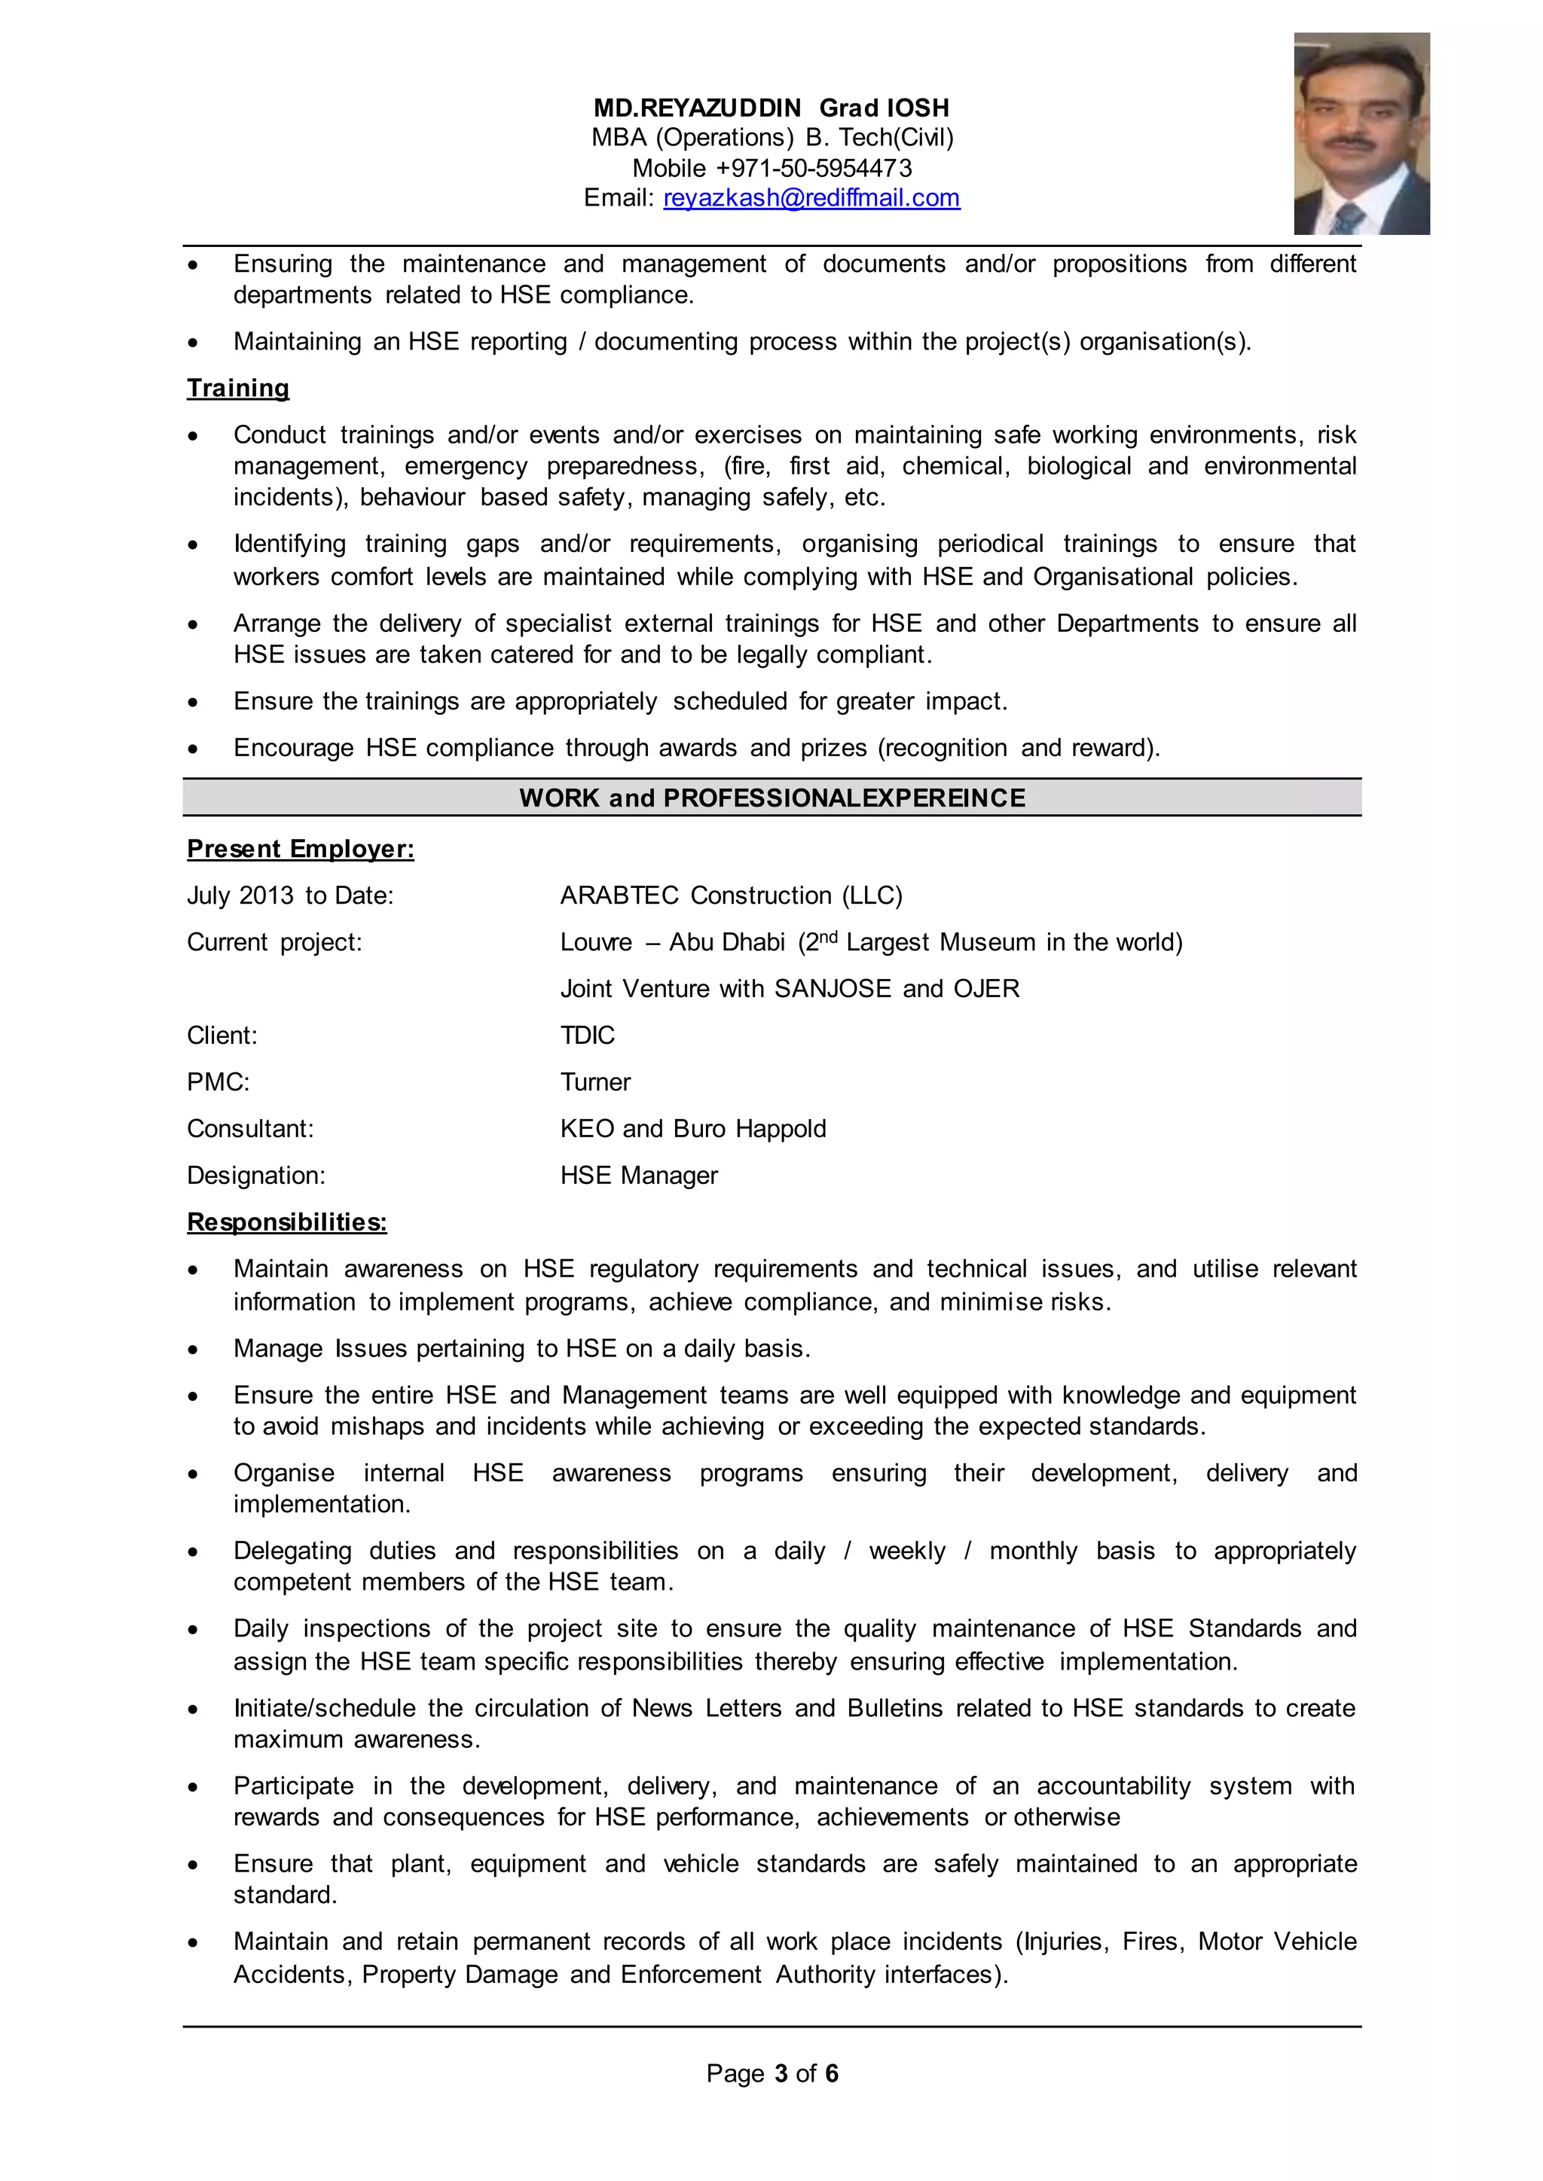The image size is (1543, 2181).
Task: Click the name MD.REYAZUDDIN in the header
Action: coord(698,108)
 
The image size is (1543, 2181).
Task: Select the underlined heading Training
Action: coord(237,388)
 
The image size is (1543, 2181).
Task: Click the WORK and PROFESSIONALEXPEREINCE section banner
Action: coord(771,798)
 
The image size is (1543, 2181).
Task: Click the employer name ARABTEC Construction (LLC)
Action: coord(731,895)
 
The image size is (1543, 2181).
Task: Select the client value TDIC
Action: coord(587,1036)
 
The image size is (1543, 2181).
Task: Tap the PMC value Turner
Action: coord(594,1082)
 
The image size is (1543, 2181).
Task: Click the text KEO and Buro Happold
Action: coord(692,1128)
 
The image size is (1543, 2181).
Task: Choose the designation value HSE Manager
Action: coord(638,1175)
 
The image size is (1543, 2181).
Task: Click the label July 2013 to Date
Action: coord(290,895)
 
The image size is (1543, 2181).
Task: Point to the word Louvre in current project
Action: coord(596,942)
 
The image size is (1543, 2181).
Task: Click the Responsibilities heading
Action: coord(286,1222)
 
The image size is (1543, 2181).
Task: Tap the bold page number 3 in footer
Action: coord(781,2073)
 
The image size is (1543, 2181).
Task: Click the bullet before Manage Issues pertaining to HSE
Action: coord(193,1350)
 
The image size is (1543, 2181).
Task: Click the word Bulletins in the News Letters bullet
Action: coord(894,1708)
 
